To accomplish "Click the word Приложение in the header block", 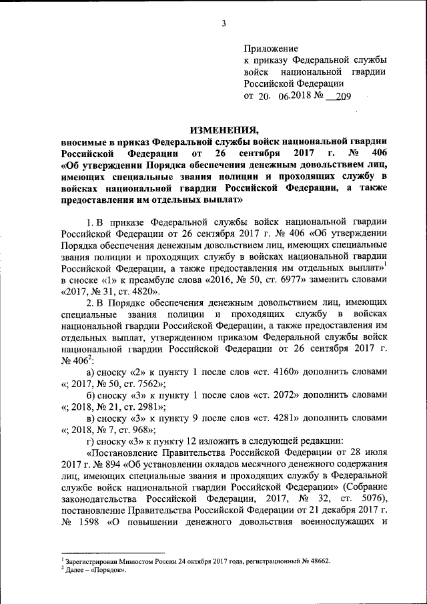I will (271, 49).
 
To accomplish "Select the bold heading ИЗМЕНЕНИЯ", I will (224, 129).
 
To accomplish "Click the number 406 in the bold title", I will (375, 154).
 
